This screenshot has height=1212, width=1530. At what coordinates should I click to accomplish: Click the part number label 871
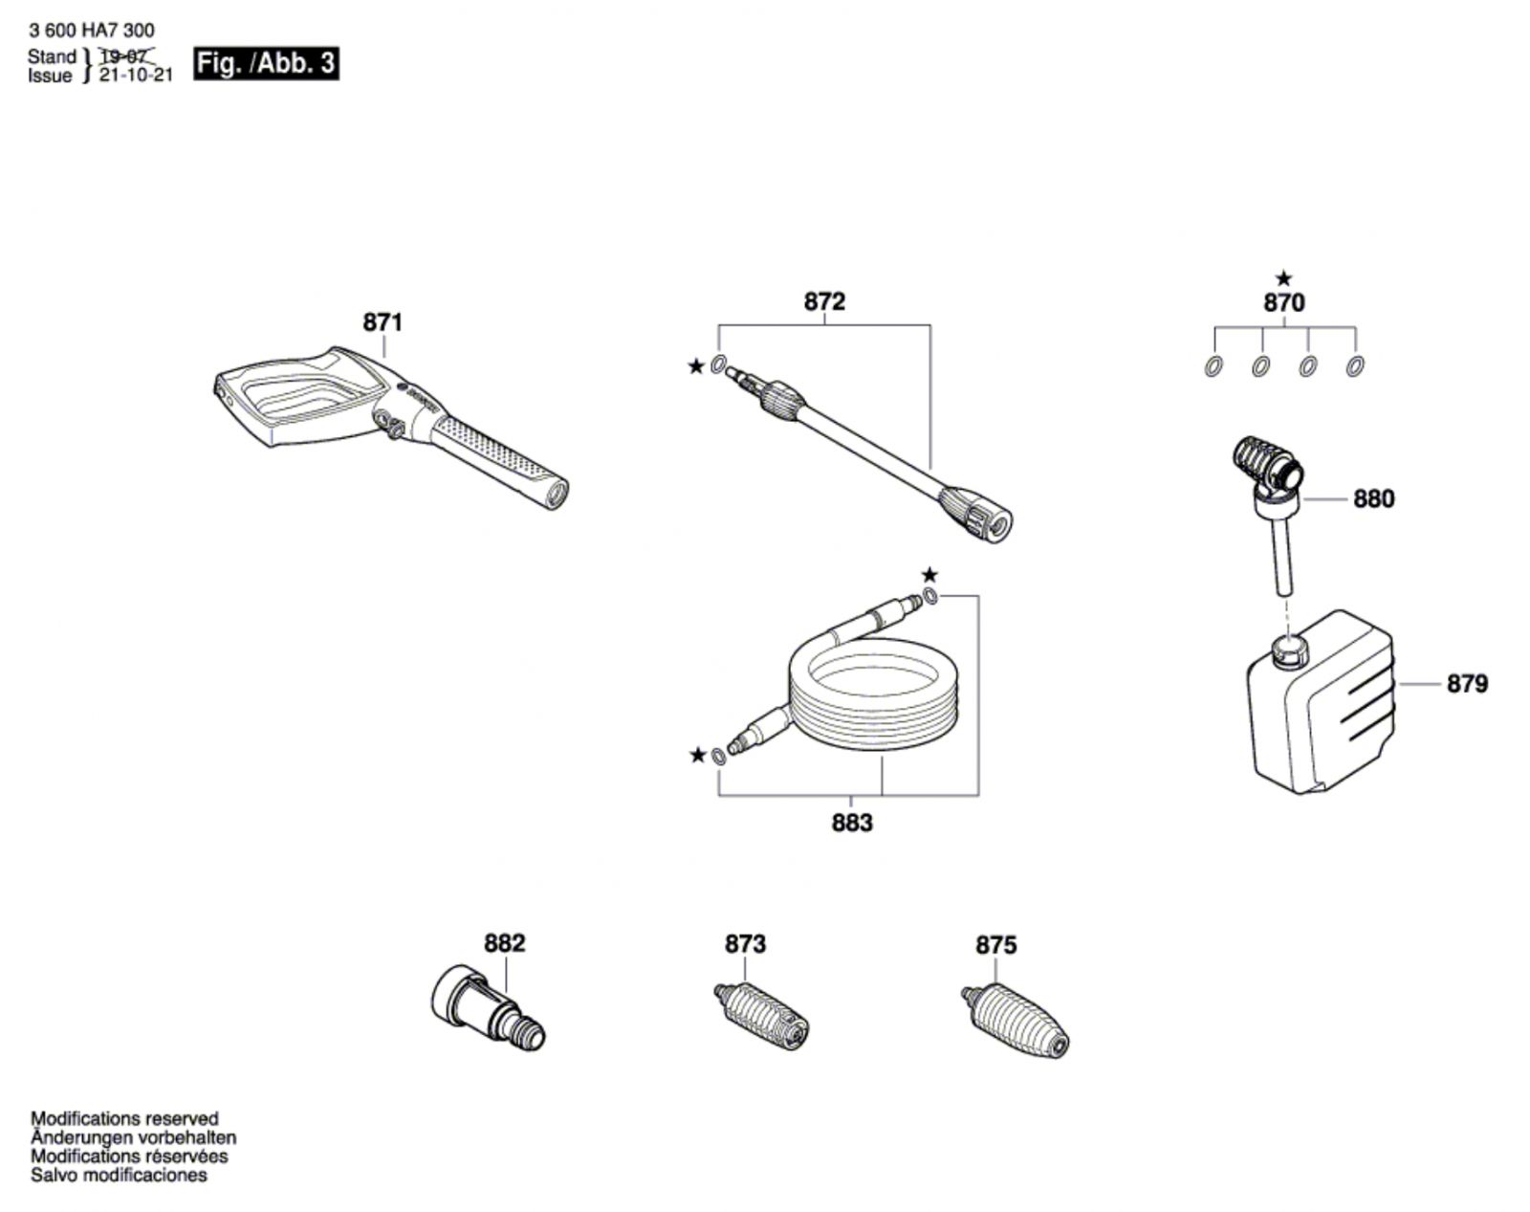(x=382, y=322)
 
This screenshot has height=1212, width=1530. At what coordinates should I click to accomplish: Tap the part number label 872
(x=824, y=302)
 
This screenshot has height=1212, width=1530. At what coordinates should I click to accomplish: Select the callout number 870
(x=1283, y=303)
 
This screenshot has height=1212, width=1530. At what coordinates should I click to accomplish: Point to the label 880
(x=1373, y=498)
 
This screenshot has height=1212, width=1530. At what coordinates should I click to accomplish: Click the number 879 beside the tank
(x=1467, y=684)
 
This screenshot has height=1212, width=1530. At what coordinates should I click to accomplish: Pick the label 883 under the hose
(x=852, y=823)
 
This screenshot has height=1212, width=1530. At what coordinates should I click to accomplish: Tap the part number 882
(x=504, y=943)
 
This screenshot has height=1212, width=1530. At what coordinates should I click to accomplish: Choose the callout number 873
(x=745, y=944)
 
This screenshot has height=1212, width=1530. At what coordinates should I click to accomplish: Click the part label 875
(x=995, y=945)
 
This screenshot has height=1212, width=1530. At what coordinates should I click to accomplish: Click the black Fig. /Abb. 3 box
(x=266, y=63)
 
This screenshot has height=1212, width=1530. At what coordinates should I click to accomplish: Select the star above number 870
(x=1283, y=279)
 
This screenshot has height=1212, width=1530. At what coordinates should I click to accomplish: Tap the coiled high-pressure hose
(x=870, y=694)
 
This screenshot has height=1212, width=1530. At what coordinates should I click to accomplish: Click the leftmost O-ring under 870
(x=1213, y=366)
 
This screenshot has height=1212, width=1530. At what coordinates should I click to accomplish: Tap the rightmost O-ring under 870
(x=1354, y=366)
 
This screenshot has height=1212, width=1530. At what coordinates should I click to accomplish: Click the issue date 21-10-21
(x=136, y=76)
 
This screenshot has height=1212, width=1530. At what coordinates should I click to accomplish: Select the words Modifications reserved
(x=124, y=1118)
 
